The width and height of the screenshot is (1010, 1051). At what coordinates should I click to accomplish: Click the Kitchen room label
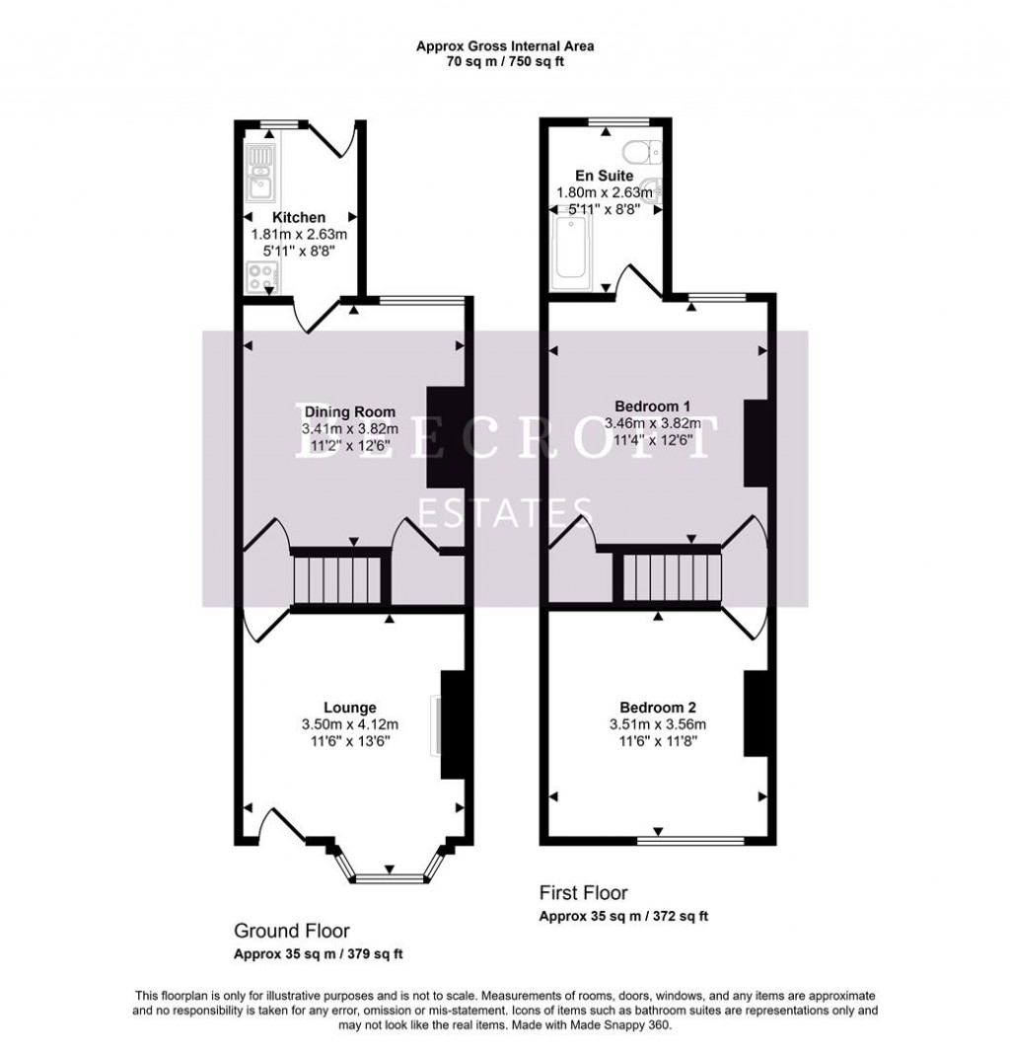click(299, 217)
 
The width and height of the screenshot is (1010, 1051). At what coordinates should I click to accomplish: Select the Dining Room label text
click(349, 412)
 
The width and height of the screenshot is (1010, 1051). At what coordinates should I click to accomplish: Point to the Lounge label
click(349, 707)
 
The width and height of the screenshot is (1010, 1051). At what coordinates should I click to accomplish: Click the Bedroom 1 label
click(652, 406)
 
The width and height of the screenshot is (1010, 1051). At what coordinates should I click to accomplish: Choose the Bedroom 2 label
click(658, 707)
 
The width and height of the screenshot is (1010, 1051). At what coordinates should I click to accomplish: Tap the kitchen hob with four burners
click(261, 278)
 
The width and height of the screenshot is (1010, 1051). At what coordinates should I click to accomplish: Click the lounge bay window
click(389, 875)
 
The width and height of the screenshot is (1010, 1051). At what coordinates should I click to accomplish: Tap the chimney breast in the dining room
click(437, 435)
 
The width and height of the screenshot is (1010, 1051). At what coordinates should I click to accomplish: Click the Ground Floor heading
click(291, 931)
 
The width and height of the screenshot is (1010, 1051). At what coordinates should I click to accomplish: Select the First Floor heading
click(583, 893)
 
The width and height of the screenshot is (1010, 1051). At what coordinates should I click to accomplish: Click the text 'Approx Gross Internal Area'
click(504, 45)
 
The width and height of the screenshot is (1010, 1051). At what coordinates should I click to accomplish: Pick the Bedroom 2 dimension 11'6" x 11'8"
click(658, 742)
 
